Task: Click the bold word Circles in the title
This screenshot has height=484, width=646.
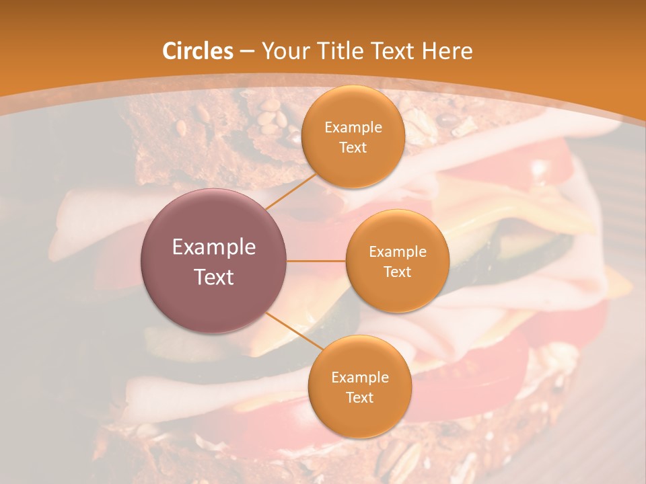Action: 197,51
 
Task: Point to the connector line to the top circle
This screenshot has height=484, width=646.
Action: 291,190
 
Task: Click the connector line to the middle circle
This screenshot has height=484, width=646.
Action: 316,261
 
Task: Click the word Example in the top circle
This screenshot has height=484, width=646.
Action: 353,128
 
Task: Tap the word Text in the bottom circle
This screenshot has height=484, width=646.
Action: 359,397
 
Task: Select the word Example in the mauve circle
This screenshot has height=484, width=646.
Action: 214,247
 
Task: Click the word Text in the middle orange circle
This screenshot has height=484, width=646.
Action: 397,272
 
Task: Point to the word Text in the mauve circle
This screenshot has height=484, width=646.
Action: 214,277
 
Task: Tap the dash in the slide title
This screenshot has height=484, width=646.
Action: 246,51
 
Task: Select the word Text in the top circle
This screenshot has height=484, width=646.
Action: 353,147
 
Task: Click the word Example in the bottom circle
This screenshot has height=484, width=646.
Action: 359,377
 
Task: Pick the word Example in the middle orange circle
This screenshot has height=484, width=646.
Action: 397,252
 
